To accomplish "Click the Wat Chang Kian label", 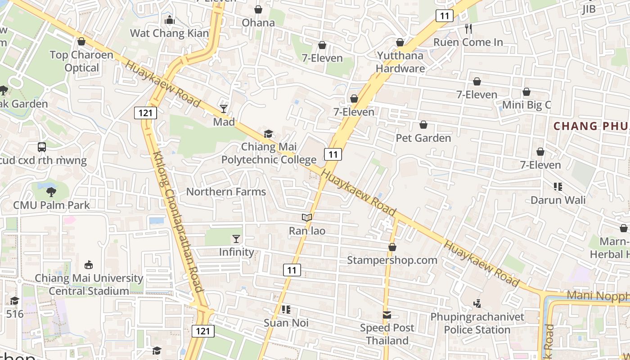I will [170, 33].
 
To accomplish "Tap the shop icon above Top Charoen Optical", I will [81, 42].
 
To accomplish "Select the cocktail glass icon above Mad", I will [224, 108].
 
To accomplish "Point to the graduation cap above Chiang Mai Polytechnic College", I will [269, 134].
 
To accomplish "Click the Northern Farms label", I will [226, 192].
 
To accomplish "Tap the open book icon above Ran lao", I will [307, 218].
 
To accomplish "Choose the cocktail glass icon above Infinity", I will [236, 239].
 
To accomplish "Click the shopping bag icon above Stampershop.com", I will [392, 247].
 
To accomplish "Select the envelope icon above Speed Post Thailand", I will [387, 315].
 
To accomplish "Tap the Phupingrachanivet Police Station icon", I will [477, 304].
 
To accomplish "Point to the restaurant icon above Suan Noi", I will [286, 310].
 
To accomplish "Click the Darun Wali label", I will [558, 200].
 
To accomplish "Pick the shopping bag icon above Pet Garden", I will [423, 125].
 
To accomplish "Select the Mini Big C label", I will [526, 105].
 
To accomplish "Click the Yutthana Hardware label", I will [400, 62].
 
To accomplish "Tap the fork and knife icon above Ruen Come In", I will [468, 29].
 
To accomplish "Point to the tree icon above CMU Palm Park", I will [51, 192].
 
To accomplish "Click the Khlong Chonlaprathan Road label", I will [178, 221].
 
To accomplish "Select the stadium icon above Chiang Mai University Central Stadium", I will [89, 265].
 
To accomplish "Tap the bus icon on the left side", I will [42, 147].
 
